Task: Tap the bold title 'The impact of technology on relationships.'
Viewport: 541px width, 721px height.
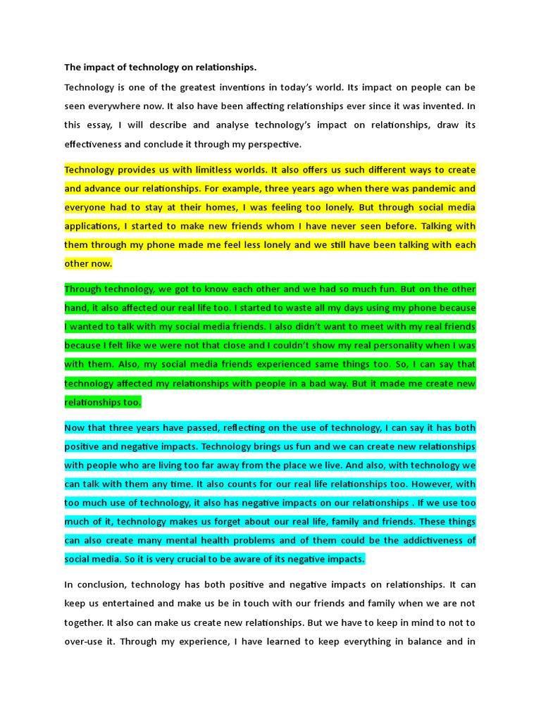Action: pyautogui.click(x=161, y=68)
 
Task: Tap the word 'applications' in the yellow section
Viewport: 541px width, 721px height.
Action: pyautogui.click(x=92, y=226)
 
